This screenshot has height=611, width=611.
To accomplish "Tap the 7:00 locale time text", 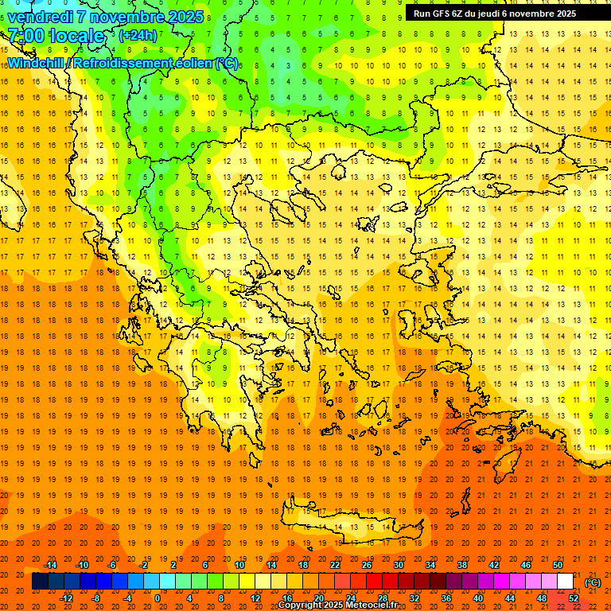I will point(56,36).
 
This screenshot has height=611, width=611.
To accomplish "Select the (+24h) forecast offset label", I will point(137,36).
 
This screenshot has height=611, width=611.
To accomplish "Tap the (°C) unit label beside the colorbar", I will point(592,582).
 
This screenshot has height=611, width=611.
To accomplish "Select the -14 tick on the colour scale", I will point(49,565).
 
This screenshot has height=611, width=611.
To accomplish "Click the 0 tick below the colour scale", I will point(158,598).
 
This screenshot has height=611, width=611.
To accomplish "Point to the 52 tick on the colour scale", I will point(574,598).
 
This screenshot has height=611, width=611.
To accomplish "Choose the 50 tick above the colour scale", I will point(558,565).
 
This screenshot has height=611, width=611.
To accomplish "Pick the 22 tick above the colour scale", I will point(335,565).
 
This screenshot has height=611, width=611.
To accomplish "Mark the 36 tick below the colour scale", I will point(446,598).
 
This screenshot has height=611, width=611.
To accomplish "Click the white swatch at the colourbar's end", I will point(565,582).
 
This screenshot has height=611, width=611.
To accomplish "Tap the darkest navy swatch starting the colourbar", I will point(40,582).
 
